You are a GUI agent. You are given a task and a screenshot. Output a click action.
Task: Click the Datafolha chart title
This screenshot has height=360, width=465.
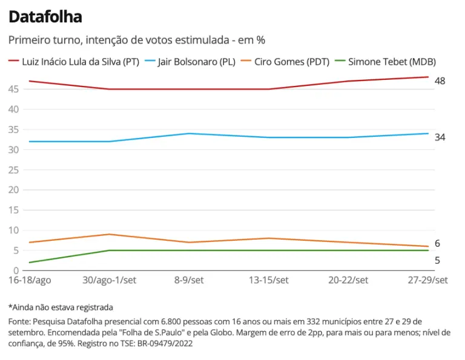[45, 17]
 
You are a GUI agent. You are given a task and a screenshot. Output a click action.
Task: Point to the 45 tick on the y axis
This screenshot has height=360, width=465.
[14, 89]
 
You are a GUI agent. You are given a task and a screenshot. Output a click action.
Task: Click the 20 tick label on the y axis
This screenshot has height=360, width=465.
[14, 190]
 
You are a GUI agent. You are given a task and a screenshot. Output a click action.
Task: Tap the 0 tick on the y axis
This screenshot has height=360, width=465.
[17, 270]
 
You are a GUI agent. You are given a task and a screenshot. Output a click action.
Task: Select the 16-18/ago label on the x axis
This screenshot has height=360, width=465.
[29, 280]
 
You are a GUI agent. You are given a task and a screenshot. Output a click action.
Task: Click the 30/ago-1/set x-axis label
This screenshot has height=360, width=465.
[109, 280]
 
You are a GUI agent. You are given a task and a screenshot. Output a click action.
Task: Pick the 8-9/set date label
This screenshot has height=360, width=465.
[189, 280]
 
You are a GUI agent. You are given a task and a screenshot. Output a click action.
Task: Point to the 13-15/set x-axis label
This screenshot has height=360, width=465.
[269, 280]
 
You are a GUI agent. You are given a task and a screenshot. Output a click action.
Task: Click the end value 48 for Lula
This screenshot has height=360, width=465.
[440, 80]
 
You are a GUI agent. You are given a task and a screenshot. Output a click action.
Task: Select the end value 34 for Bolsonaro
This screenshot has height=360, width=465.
[440, 137]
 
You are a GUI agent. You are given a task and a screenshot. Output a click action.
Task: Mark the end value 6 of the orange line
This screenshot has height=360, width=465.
[437, 244]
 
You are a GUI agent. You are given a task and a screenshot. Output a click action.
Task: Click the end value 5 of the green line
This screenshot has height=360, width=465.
[437, 261]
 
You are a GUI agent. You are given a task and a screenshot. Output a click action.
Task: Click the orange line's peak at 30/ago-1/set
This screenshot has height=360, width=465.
[109, 234]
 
